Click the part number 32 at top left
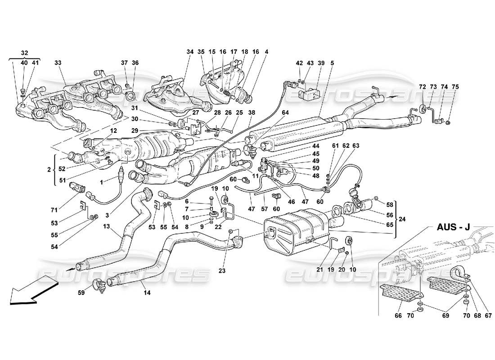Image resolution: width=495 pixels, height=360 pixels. pos(24,52)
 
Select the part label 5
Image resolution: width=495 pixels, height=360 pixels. pos(332,63)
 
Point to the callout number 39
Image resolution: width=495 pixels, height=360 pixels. pos(321,63)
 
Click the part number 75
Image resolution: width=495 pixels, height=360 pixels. pos(455,87)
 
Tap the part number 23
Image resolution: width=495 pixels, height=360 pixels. pos(222,271)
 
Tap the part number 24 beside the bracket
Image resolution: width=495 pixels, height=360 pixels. pos(402,220)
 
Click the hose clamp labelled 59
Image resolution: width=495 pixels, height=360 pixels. pos(100,284)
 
